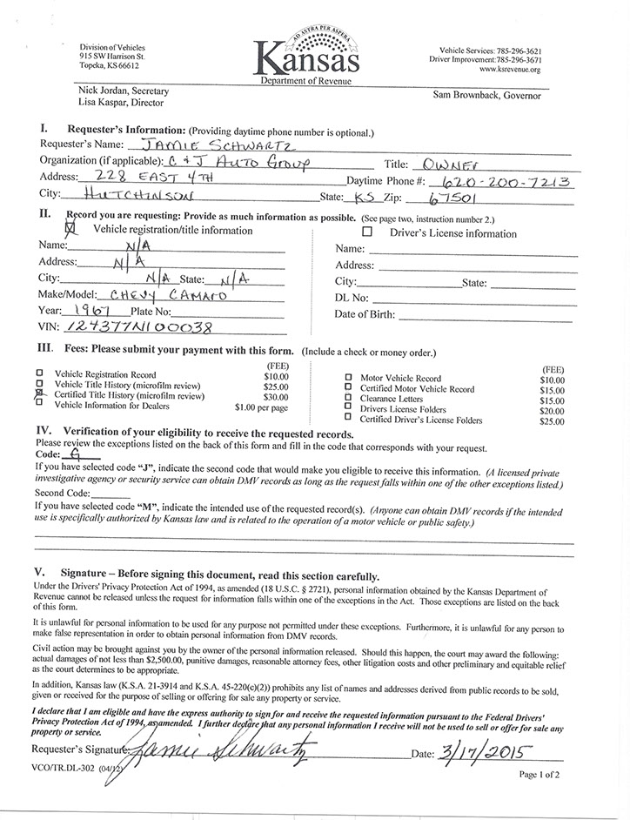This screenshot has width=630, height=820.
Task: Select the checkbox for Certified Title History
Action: [39, 394]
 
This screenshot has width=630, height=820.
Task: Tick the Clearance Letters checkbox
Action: [348, 400]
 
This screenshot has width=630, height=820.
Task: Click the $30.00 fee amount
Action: [276, 395]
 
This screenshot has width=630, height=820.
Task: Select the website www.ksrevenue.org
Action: [509, 70]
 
